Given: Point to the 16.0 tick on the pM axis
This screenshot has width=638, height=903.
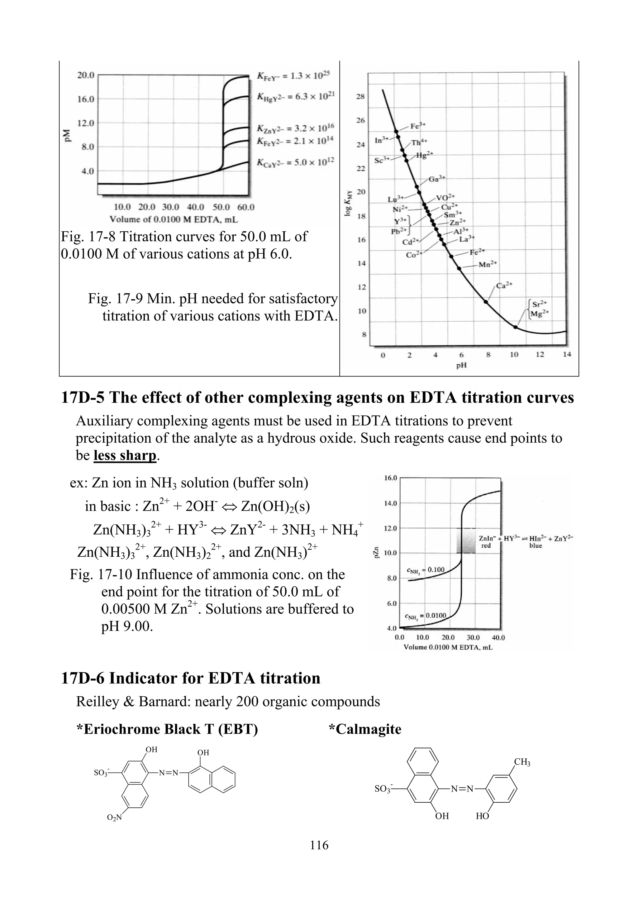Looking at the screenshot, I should [85, 99].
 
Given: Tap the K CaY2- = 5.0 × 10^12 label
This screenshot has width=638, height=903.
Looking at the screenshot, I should [295, 162].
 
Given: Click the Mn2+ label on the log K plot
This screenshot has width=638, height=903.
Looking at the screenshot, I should [488, 264].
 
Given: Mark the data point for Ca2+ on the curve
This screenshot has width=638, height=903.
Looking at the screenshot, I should [486, 302].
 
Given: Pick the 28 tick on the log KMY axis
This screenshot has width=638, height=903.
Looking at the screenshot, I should [360, 96].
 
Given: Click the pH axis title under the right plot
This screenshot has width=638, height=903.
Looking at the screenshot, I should [461, 365].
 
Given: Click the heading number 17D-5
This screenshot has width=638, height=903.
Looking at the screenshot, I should [83, 398].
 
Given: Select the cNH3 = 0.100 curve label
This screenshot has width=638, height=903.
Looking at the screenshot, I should [425, 570].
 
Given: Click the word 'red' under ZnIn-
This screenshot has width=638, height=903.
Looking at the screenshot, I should [486, 546].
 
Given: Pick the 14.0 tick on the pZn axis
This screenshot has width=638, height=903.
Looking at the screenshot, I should [390, 503].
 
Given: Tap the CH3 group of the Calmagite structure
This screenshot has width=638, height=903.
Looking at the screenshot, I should [522, 762].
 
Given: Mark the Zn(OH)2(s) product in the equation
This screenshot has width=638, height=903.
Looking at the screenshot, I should [275, 506].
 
